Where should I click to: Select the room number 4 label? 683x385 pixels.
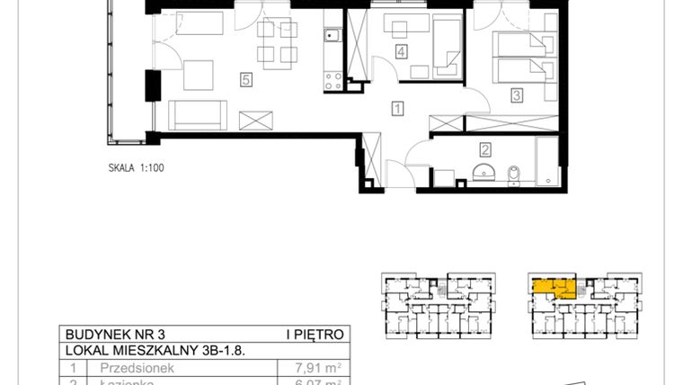coord(401,51)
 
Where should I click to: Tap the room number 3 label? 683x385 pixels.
coord(517,94)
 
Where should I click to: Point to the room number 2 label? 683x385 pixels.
coord(485,150)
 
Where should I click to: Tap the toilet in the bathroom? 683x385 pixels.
coord(512,173)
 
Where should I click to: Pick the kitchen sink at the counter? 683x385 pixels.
coord(332,37)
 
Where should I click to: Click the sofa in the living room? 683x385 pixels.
coord(196,114)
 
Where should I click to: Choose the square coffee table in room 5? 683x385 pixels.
coord(199,76)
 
